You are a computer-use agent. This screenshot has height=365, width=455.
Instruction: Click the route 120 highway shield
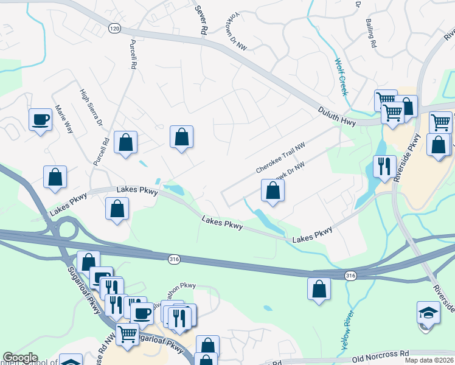[x=114, y=28]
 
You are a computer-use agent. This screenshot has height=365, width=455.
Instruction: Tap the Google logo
[x=20, y=358]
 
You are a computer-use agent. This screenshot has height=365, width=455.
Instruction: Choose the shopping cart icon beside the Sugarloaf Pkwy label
[x=127, y=333]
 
